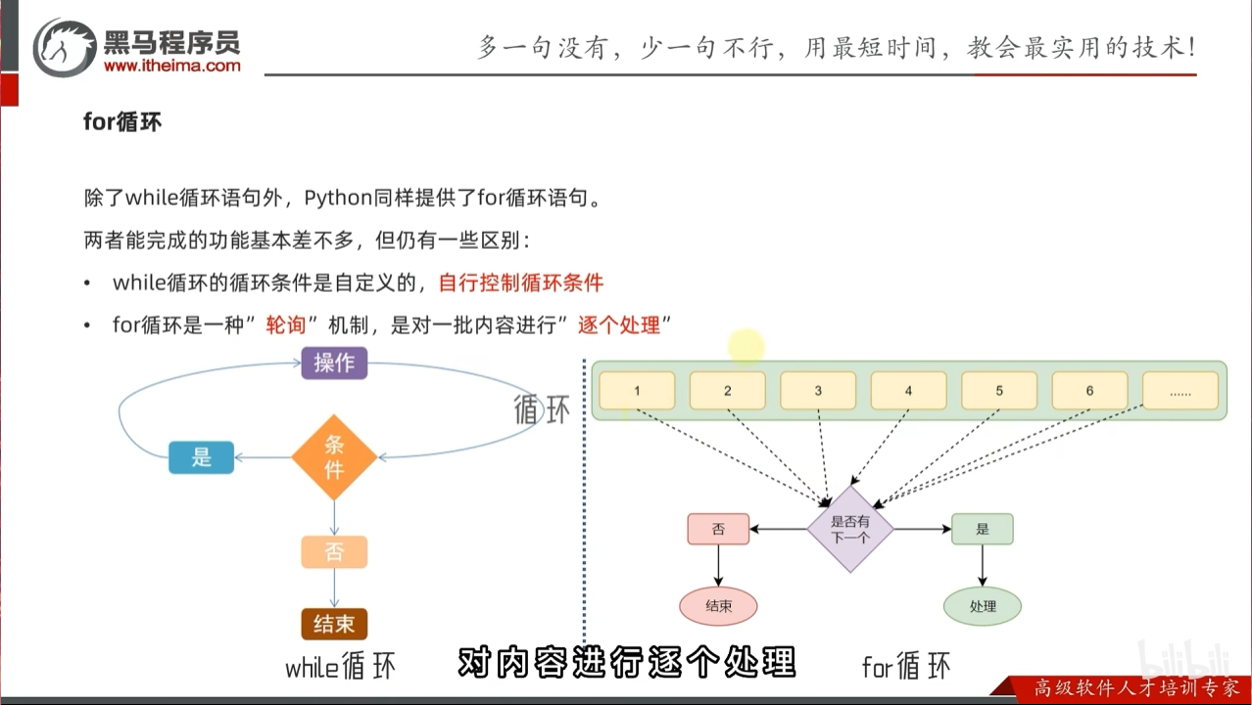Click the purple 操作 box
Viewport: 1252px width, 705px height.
pyautogui.click(x=334, y=363)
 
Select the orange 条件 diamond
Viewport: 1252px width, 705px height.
pyautogui.click(x=334, y=457)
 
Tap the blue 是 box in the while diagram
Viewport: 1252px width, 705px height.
pyautogui.click(x=202, y=457)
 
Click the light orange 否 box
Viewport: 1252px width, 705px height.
pyautogui.click(x=334, y=552)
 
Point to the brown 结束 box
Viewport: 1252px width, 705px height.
pyautogui.click(x=334, y=624)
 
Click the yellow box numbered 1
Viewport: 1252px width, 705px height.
pyautogui.click(x=637, y=391)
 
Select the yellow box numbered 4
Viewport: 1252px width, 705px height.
pyautogui.click(x=908, y=391)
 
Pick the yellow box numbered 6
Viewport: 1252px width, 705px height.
pyautogui.click(x=1089, y=391)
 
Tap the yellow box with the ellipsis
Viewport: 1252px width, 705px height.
pyautogui.click(x=1180, y=391)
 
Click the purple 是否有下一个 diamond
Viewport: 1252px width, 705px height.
pyautogui.click(x=850, y=530)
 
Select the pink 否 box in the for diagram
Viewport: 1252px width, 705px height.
pyautogui.click(x=718, y=530)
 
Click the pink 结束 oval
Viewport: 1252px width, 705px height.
pyautogui.click(x=718, y=606)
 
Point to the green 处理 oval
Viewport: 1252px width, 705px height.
pyautogui.click(x=983, y=606)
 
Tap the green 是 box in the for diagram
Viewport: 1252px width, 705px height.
pyautogui.click(x=982, y=530)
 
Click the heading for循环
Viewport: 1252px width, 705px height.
pyautogui.click(x=122, y=123)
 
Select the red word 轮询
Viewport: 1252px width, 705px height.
pyautogui.click(x=286, y=325)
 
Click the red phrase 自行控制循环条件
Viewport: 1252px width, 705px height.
pyautogui.click(x=521, y=284)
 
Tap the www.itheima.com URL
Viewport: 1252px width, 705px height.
pyautogui.click(x=171, y=67)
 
